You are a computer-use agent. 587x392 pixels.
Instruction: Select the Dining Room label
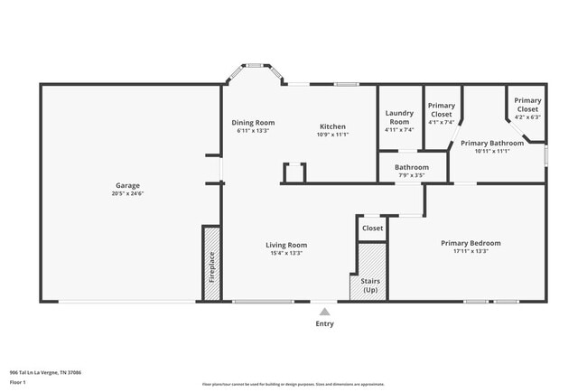tap(253, 123)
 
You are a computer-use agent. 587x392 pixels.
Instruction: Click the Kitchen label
tap(332, 126)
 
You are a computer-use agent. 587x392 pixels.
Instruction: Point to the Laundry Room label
tap(398, 117)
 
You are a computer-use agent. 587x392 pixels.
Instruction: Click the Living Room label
tap(286, 245)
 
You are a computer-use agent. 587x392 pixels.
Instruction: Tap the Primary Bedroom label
tap(470, 243)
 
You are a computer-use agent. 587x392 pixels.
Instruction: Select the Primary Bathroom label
tap(492, 143)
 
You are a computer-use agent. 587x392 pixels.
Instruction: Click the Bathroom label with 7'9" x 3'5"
tap(411, 167)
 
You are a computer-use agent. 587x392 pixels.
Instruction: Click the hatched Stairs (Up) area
tap(370, 271)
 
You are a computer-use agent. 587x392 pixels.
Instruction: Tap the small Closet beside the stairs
tap(372, 229)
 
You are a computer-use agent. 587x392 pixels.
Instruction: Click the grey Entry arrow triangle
tap(324, 312)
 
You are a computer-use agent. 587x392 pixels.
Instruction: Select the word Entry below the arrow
tap(324, 323)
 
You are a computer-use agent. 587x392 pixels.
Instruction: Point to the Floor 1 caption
tap(18, 382)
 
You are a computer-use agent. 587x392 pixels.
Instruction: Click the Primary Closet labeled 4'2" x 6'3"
tap(527, 107)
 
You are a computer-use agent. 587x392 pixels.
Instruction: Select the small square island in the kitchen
tap(294, 173)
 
